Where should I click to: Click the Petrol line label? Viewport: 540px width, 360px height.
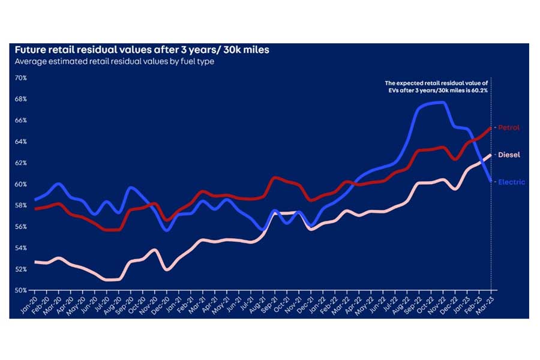click(x=509, y=128)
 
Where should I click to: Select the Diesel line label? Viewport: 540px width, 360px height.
click(x=509, y=155)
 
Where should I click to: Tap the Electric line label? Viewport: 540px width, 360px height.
click(x=511, y=182)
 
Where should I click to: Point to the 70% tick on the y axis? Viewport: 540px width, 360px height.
click(x=21, y=78)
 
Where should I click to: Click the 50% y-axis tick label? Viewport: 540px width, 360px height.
click(x=21, y=290)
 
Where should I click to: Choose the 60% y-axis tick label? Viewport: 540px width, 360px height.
click(x=21, y=184)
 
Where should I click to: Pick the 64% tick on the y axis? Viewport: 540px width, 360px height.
click(x=21, y=142)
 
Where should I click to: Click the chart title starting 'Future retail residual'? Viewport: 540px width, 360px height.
click(x=142, y=50)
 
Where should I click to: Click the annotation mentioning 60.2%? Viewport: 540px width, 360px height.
click(x=437, y=86)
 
